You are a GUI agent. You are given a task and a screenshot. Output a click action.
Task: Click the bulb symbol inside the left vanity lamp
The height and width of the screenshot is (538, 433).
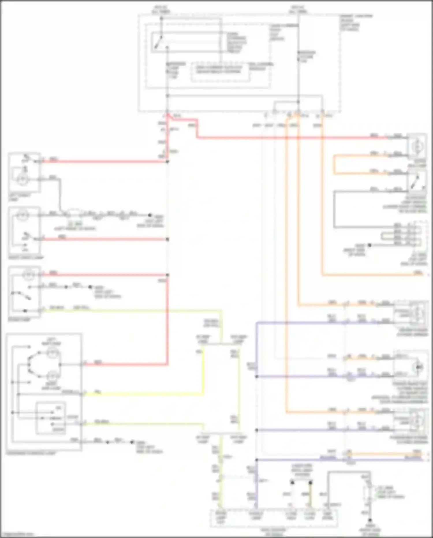click(x=22, y=179)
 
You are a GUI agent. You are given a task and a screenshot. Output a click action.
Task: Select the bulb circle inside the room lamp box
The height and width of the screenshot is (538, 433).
click(x=28, y=275)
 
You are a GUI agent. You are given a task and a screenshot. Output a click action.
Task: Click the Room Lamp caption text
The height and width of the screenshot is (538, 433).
click(x=19, y=320)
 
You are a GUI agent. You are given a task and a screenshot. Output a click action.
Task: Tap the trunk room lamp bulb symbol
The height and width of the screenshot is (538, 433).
click(x=417, y=147)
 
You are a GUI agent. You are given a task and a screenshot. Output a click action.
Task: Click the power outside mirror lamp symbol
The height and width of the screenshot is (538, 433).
click(x=418, y=367)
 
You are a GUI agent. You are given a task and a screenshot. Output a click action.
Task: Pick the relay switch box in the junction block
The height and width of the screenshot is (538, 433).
click(x=188, y=42)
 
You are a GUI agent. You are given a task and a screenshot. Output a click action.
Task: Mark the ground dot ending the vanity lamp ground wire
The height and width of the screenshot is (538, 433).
click(x=150, y=215)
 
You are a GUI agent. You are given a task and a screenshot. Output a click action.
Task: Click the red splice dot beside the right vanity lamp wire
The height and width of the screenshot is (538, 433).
click(x=167, y=239)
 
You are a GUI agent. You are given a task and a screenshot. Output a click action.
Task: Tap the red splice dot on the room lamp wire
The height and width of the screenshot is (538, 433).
click(x=167, y=275)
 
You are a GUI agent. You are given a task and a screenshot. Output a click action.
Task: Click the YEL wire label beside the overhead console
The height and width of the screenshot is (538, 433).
click(x=98, y=392)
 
